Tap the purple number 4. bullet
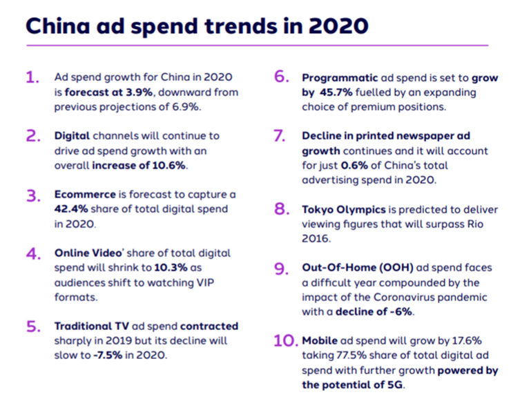pos(33,254)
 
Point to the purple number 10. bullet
pos(287,340)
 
